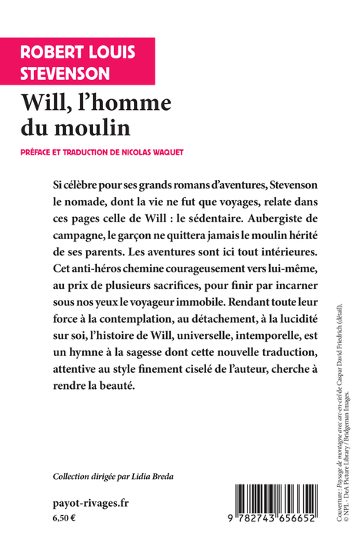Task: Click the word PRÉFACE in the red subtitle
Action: pos(45,152)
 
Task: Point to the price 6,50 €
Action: pos(65,519)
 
